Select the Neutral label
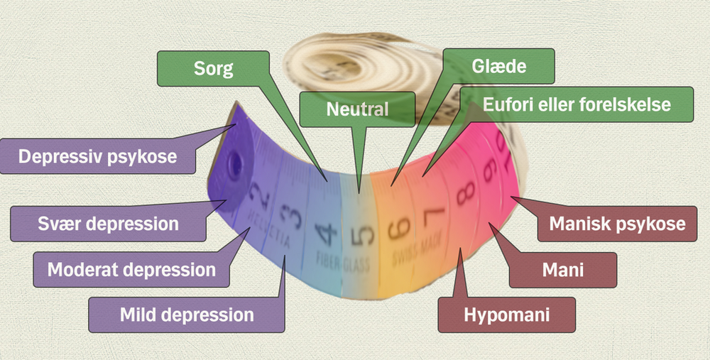(x=357, y=109)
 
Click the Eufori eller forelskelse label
(x=576, y=105)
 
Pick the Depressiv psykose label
(x=98, y=156)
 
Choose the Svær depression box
(x=108, y=224)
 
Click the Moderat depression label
(x=131, y=270)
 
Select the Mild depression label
(x=186, y=314)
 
